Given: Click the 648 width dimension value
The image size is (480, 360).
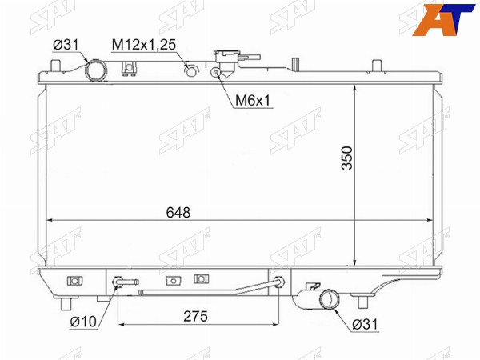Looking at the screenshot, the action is [x=178, y=212].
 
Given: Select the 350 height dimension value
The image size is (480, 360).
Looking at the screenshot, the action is [x=347, y=158].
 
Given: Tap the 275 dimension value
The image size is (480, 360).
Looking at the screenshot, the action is [x=196, y=316].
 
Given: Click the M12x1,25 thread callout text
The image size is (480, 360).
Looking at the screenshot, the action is [x=144, y=45].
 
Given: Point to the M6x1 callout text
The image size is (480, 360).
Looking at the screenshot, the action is [x=253, y=100].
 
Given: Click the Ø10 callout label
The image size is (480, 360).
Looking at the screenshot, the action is [x=83, y=322].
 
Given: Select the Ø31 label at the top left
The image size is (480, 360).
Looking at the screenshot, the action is [x=66, y=45].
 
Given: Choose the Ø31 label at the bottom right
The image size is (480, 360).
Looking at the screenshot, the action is [x=366, y=324].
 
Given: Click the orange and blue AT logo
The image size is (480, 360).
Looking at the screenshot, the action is [x=443, y=19].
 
